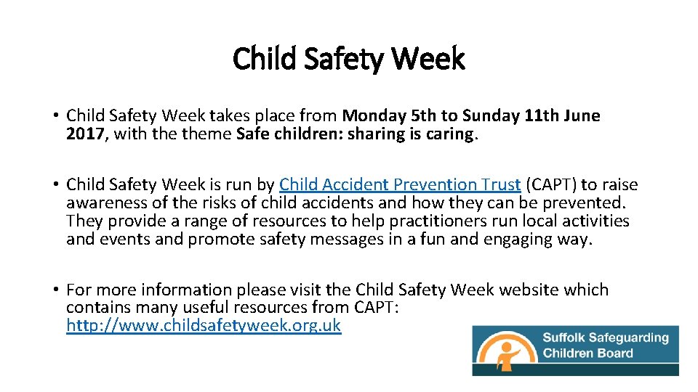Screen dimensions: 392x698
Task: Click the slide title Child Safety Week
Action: [x=348, y=58]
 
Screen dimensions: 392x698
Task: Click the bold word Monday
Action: [x=374, y=115]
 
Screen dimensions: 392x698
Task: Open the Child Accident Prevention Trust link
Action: [x=399, y=184]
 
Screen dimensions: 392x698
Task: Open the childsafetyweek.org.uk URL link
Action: [x=203, y=325]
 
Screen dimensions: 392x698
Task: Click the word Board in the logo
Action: [x=615, y=354]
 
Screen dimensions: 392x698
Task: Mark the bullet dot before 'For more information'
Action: [x=55, y=290]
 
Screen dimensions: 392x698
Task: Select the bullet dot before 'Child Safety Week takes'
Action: [x=55, y=116]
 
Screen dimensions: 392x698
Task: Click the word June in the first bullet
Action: [x=581, y=115]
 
